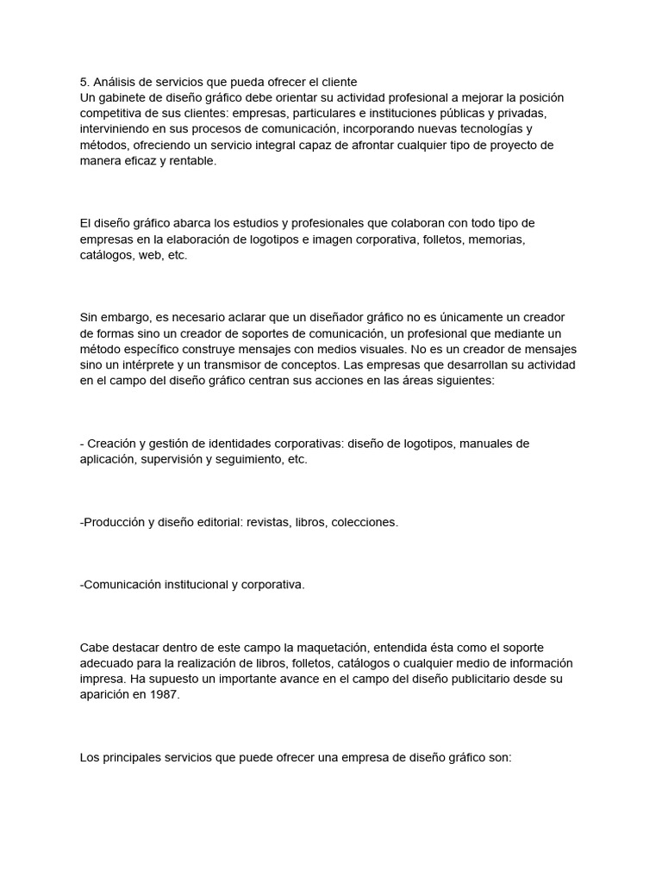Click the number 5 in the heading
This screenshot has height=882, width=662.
pos(83,82)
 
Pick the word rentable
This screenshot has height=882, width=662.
pos(189,160)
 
